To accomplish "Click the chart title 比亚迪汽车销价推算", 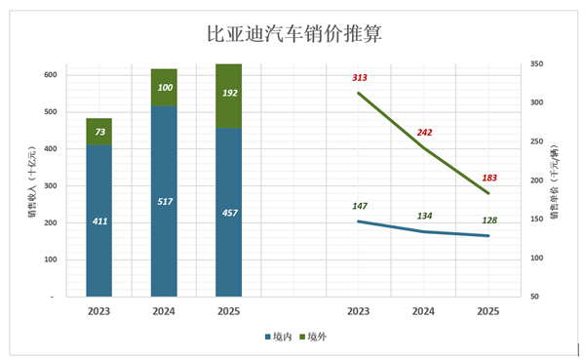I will click(293, 33).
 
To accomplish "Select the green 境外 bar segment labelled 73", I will click(98, 132).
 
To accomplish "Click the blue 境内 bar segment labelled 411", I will click(98, 220).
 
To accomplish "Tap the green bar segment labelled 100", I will click(164, 88).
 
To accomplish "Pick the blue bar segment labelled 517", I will click(164, 200).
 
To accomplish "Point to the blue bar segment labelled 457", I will click(228, 212).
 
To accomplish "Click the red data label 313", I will click(359, 78).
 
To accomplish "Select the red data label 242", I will click(423, 133).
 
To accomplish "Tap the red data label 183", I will click(488, 178).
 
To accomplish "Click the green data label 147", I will click(359, 206).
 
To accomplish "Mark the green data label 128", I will click(488, 220).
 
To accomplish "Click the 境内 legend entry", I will click(278, 337).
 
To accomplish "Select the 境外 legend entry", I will click(313, 337).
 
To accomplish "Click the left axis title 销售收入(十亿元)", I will click(32, 185).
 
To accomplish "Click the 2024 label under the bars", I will click(164, 311).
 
